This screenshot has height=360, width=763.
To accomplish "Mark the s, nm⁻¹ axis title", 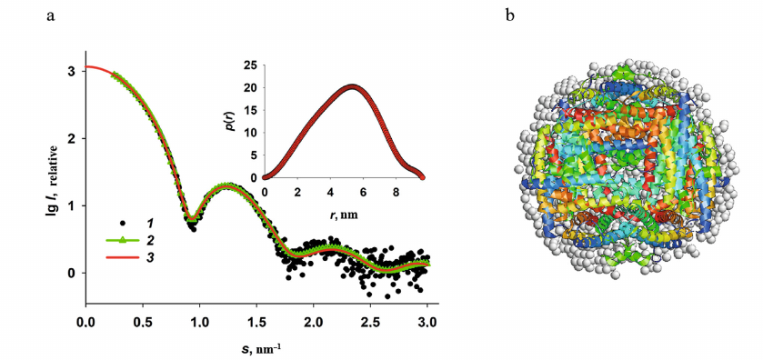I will [x=256, y=346].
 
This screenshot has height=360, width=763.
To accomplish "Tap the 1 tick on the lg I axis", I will [x=72, y=205].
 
